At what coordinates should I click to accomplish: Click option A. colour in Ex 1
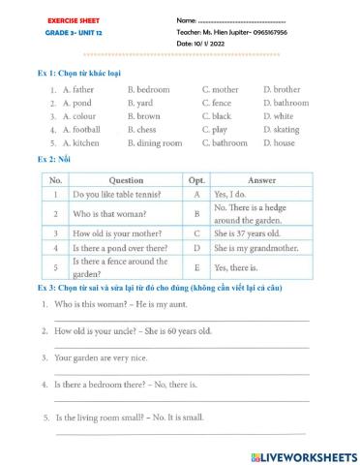coord(80,115)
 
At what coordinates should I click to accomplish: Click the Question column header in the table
coord(127,179)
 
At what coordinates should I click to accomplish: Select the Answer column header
coord(261,179)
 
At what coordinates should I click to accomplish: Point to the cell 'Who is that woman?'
coord(111,213)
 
